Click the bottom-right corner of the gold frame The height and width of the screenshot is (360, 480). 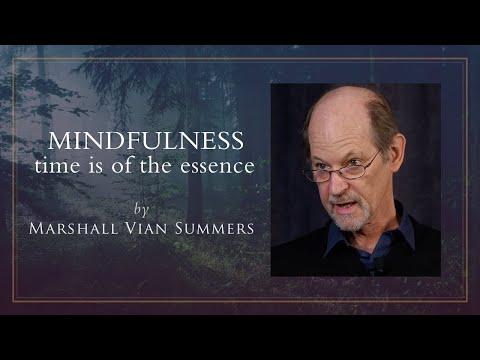tap(467, 301)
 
